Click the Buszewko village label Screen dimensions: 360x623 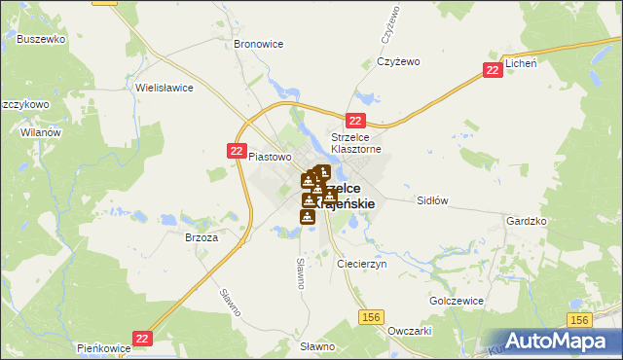[40, 40]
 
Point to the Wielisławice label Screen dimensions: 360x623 [165, 88]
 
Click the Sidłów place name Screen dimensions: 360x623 [431, 200]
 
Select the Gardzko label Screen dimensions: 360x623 [527, 222]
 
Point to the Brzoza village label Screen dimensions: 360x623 [201, 236]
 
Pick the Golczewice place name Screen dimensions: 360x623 [457, 302]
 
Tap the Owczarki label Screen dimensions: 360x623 [409, 331]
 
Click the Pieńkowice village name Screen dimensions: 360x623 [104, 346]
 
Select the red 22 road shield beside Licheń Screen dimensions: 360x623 [494, 70]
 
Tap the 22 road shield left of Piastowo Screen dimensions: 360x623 [237, 151]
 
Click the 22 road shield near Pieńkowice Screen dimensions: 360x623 [143, 337]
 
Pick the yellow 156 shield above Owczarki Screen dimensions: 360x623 [370, 317]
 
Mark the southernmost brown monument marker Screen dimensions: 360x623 [308, 216]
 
